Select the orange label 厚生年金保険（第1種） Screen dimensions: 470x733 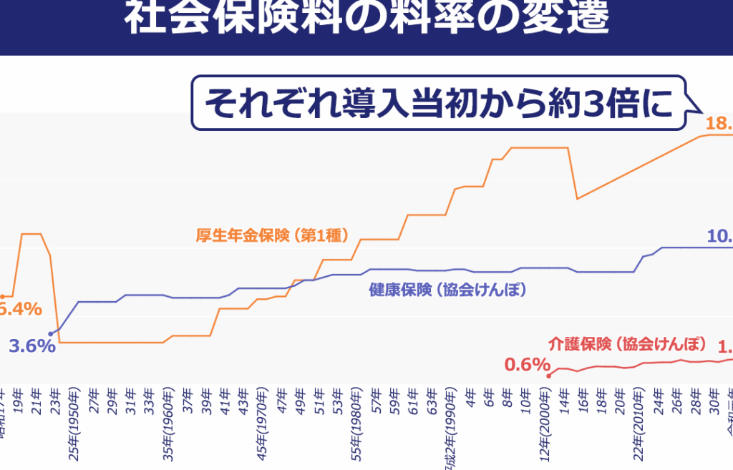point(272,235)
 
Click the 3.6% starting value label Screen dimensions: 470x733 point(32,346)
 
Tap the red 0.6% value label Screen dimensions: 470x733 point(526,365)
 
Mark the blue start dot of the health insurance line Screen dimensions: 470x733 point(50,333)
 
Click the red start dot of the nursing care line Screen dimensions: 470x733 point(548,375)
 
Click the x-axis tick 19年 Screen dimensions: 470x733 point(17,398)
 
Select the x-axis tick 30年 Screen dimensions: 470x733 point(714,398)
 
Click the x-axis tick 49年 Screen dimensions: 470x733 point(300,398)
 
